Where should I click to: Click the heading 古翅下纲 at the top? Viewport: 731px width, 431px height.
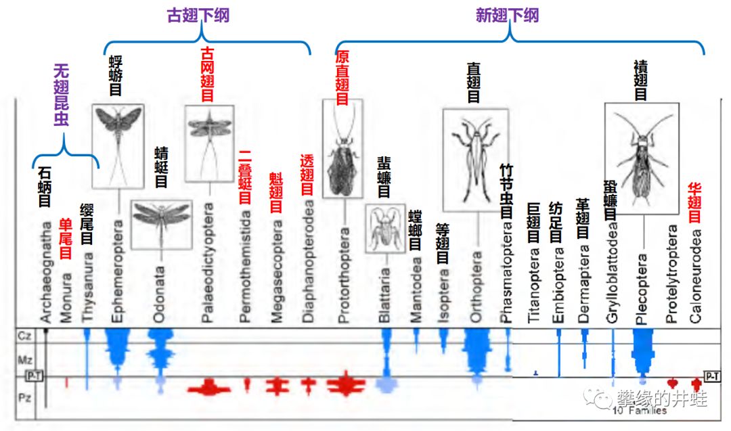198,16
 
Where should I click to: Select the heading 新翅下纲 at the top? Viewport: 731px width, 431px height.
508,16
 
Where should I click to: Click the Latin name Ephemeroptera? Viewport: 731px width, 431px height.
118,271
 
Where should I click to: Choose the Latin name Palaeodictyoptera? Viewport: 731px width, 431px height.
209,260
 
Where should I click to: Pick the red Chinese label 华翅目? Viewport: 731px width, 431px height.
694,202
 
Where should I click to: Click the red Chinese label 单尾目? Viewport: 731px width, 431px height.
66,239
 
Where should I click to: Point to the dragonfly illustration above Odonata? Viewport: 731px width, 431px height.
161,223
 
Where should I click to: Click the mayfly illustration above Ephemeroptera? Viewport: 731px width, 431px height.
118,145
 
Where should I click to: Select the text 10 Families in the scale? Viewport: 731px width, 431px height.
640,411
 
